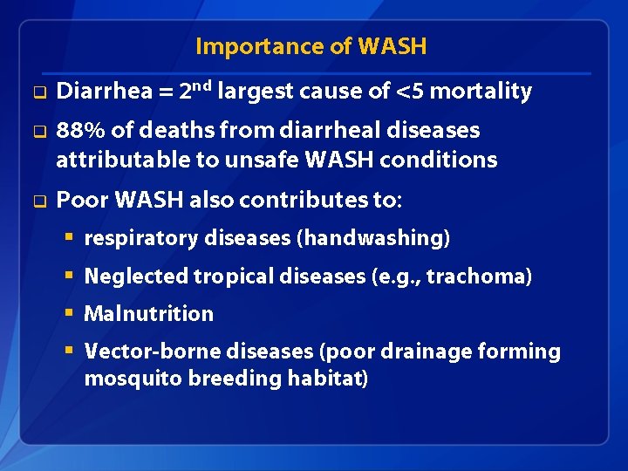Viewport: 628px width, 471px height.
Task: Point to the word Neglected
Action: (136, 276)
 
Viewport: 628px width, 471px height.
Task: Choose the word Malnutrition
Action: (148, 314)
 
